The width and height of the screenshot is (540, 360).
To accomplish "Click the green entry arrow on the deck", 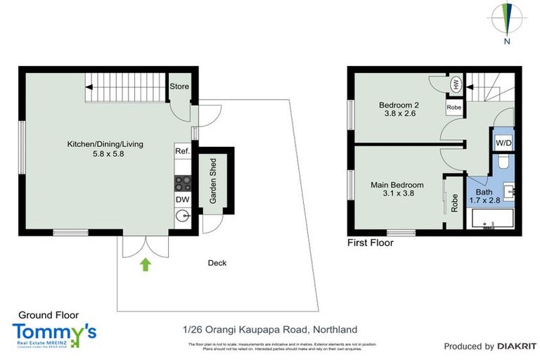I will click(x=146, y=264).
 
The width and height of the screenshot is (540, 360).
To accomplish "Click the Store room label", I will click(x=179, y=86).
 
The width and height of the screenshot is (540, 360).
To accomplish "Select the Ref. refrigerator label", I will click(x=181, y=151).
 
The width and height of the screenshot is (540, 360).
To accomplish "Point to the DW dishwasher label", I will click(x=181, y=200).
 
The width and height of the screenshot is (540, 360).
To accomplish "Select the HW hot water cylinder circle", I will click(x=455, y=84).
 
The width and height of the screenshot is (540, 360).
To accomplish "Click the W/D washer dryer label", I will click(x=503, y=143).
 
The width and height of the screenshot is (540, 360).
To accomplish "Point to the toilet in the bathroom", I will click(x=503, y=163).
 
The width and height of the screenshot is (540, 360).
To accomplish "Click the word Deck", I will click(x=217, y=263).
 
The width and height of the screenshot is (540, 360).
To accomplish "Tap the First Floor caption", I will click(x=371, y=243).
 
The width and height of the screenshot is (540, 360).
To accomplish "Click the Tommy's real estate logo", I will click(x=54, y=333).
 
